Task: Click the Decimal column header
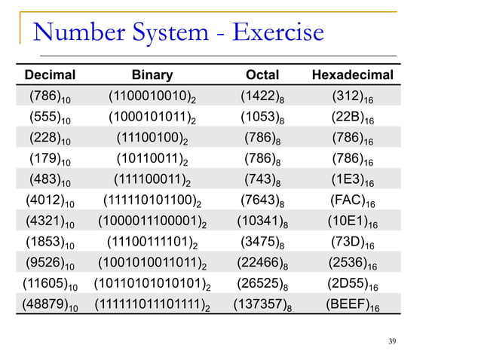pyautogui.click(x=51, y=75)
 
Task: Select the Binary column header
pyautogui.click(x=152, y=75)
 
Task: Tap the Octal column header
pyautogui.click(x=262, y=75)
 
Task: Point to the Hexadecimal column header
pyautogui.click(x=353, y=75)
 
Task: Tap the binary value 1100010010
pyautogui.click(x=152, y=97)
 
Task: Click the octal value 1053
pyautogui.click(x=262, y=117)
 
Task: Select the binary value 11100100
pyautogui.click(x=152, y=139)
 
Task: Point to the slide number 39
pyautogui.click(x=391, y=343)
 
